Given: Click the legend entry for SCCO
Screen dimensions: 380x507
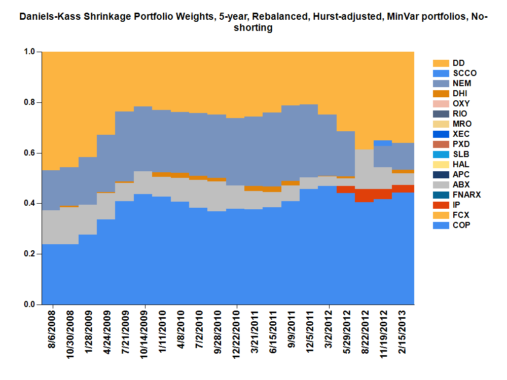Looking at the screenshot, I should pyautogui.click(x=464, y=73).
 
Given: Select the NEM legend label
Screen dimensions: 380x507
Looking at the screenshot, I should pyautogui.click(x=461, y=83).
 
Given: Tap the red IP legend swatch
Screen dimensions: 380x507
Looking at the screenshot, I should pyautogui.click(x=441, y=205).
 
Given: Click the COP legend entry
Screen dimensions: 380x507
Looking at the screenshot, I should pyautogui.click(x=461, y=225).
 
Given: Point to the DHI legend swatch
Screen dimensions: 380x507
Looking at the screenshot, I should pyautogui.click(x=441, y=94).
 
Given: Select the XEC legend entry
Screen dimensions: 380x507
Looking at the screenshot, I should pyautogui.click(x=461, y=134).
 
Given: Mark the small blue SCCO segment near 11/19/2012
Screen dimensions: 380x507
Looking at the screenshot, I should pyautogui.click(x=382, y=143).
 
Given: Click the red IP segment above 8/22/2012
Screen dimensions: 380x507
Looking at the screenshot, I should pyautogui.click(x=364, y=196).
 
